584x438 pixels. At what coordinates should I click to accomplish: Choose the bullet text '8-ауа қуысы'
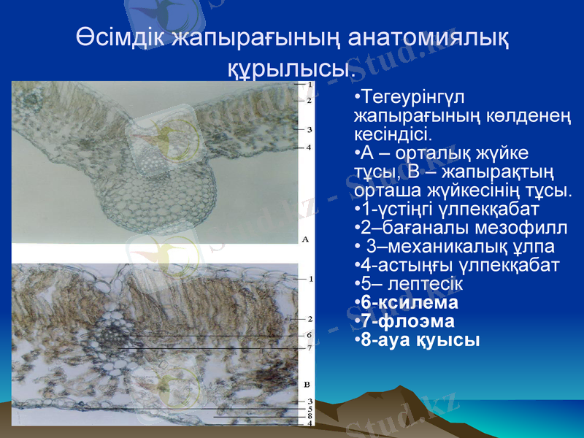coord(416,340)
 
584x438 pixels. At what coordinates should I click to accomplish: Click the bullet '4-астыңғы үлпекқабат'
coord(456,264)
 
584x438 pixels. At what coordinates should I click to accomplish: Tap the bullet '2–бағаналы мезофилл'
coord(460,227)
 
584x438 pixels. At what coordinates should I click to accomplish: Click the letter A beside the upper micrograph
coord(305,239)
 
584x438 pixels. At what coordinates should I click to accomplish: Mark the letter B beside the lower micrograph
coord(305,384)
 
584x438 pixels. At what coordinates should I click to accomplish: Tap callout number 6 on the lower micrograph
coord(310,335)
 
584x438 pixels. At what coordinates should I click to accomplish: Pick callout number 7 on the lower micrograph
coord(310,347)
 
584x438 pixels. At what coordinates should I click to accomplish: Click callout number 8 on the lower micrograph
coord(310,416)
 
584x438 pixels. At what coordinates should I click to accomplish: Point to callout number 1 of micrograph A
coord(310,85)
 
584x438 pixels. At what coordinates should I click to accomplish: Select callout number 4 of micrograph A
coord(310,147)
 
